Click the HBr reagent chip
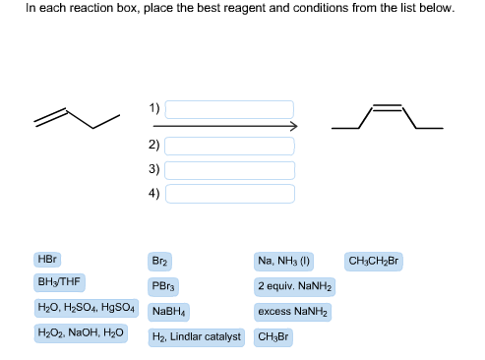(x=47, y=260)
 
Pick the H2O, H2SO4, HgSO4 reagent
(x=87, y=308)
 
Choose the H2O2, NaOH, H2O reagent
(x=80, y=333)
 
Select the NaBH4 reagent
(x=169, y=311)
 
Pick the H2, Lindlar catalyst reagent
(x=196, y=336)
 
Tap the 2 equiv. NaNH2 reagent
(x=294, y=286)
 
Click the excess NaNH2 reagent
(x=294, y=311)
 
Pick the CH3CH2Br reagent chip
(x=375, y=262)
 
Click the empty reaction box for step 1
(x=229, y=109)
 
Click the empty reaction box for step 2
(x=229, y=146)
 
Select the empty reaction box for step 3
(x=229, y=169)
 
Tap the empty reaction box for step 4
(x=229, y=193)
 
